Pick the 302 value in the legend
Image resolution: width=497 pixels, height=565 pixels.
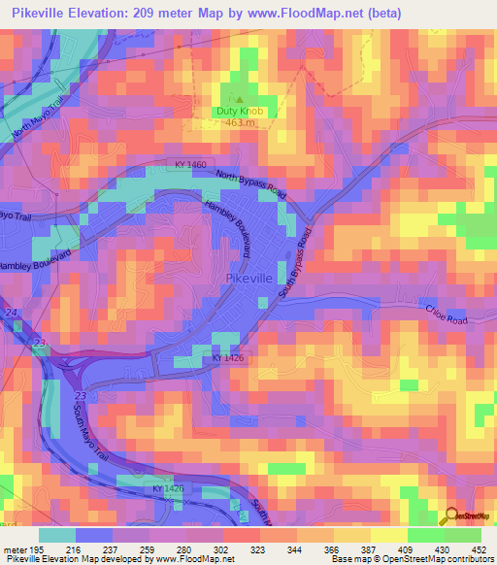[220, 549]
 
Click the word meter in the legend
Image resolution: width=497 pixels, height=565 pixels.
[14, 549]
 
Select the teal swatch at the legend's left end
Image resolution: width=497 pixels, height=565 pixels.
[56, 535]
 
